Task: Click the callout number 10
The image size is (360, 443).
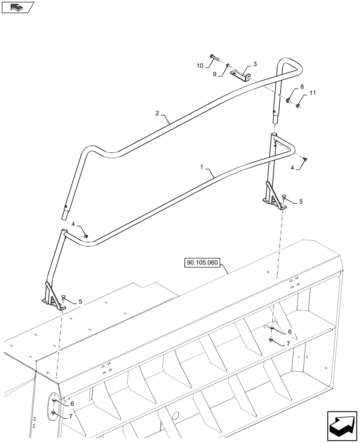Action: point(200,66)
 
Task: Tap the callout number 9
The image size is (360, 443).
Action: point(214,74)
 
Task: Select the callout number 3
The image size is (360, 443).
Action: point(255,64)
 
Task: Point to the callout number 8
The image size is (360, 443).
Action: point(302,87)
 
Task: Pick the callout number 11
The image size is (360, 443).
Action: point(312,93)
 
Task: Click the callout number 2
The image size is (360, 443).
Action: point(157,113)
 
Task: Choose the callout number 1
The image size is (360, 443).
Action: point(202,168)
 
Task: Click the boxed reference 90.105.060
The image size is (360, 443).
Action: point(203,263)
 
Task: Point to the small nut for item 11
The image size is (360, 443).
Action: point(297,105)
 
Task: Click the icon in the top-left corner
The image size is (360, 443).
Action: point(18,7)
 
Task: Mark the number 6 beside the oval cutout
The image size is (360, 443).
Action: point(71,403)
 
